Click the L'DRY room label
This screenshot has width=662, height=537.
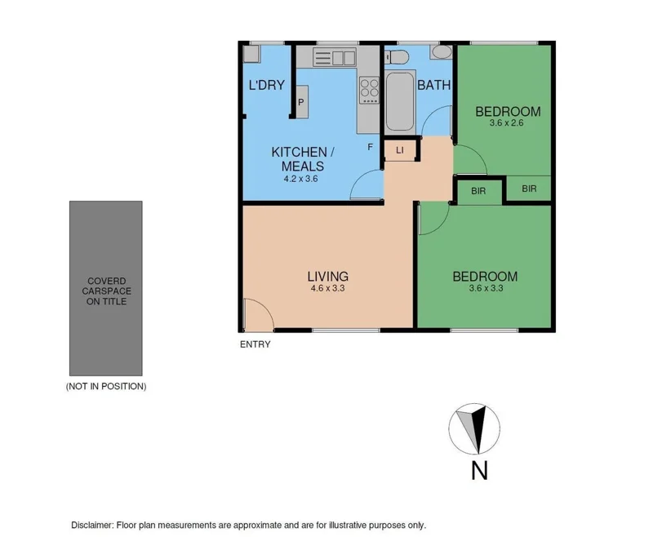pos(266,85)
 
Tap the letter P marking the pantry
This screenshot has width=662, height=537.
pos(301,102)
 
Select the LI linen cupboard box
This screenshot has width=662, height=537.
pos(400,150)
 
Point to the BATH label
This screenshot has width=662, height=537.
pos(433,85)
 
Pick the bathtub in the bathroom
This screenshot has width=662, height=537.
pos(399,102)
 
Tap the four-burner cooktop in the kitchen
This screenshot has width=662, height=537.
pos(369,89)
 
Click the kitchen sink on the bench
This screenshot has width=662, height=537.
pos(333,57)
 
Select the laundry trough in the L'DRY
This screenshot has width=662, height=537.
pos(251,55)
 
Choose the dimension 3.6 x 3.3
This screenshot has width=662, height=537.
pos(485,289)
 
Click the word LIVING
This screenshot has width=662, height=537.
pos(328,276)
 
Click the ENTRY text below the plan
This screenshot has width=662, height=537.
pos(255,344)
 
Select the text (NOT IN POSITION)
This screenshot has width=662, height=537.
pos(106,386)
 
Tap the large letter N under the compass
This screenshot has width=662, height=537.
pos(478,472)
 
